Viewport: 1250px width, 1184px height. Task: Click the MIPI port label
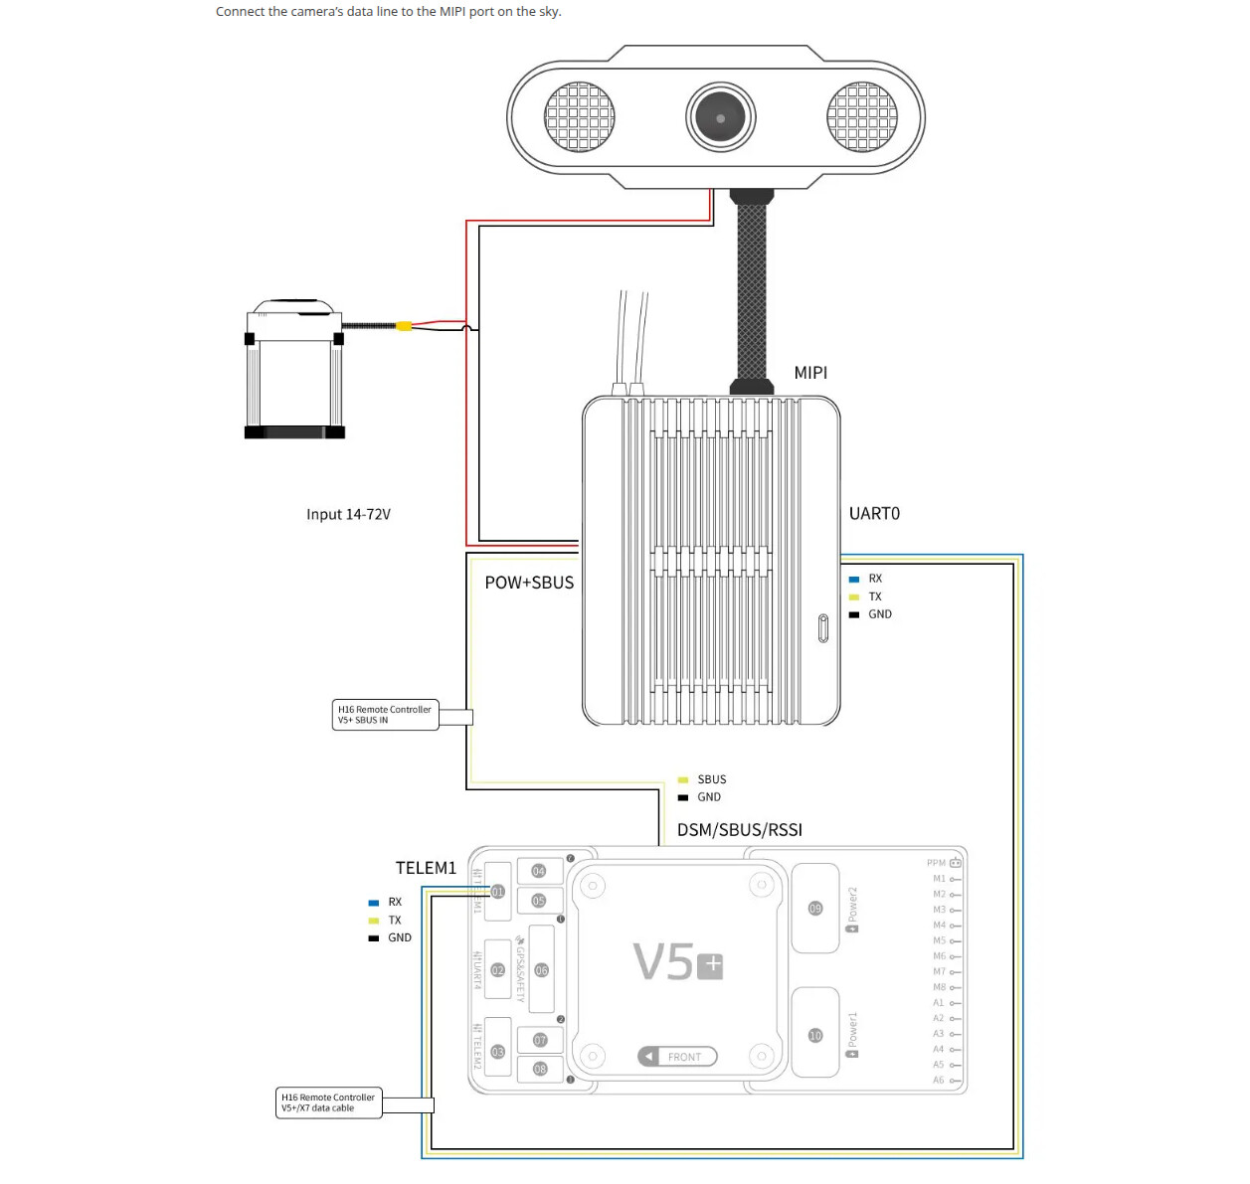click(810, 373)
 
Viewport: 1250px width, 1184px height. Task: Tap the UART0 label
click(874, 514)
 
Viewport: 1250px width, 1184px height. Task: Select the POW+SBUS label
click(529, 584)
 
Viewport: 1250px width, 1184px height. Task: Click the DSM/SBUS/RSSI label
click(740, 830)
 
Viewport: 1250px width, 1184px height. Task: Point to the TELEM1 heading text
click(426, 868)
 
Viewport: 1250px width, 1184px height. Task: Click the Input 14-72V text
click(348, 515)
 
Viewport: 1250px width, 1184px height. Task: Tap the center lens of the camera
click(721, 117)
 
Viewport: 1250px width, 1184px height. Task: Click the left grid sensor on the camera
click(580, 117)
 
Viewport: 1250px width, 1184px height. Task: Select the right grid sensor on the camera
click(862, 117)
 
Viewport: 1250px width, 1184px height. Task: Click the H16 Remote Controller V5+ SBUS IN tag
click(385, 715)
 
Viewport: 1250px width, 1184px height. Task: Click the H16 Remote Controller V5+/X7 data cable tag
click(328, 1102)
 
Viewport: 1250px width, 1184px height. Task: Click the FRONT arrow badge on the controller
click(677, 1057)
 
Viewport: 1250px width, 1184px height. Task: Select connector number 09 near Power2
click(815, 909)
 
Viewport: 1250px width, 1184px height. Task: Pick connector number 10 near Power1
click(815, 1036)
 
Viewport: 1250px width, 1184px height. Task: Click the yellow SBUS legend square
click(683, 780)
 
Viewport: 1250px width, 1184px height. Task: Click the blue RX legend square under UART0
click(853, 579)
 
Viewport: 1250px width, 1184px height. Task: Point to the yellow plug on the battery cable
click(404, 326)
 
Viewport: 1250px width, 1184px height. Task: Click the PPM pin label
click(936, 863)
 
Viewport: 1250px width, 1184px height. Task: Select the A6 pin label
click(938, 1080)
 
